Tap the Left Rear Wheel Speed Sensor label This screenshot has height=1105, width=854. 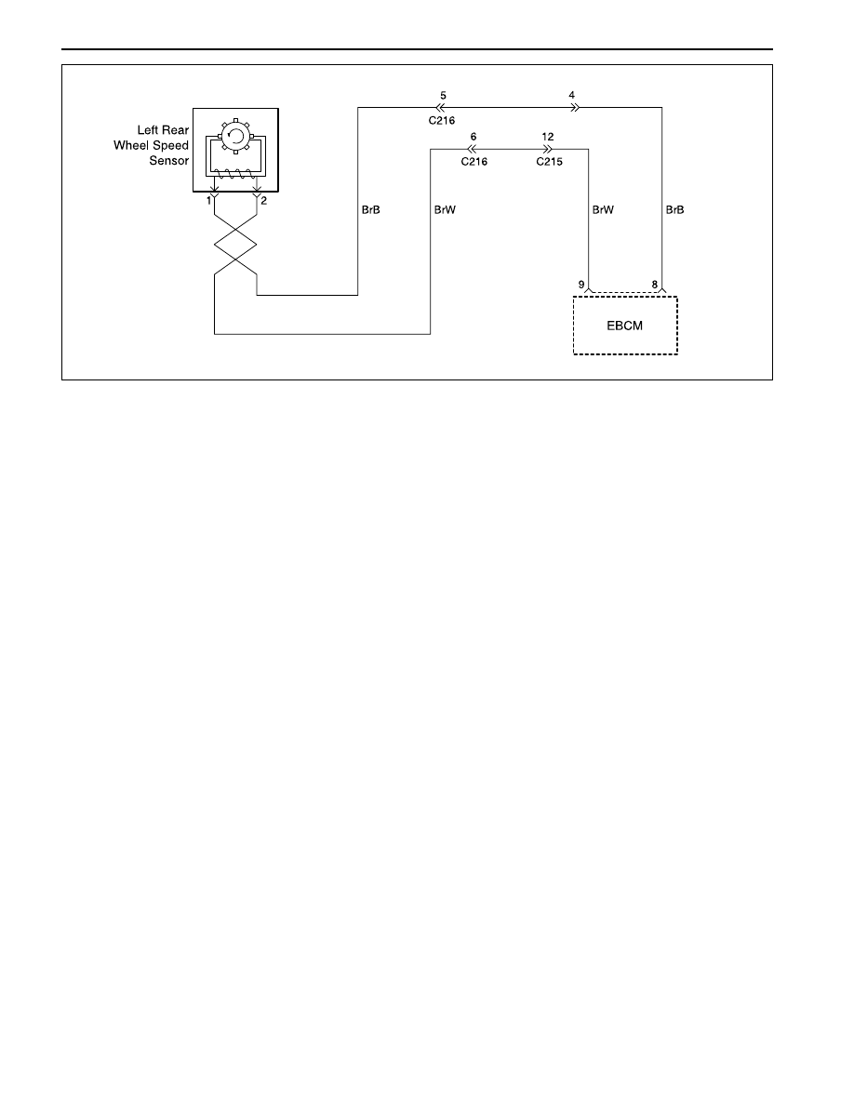[x=152, y=145]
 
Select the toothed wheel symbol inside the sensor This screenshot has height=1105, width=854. [x=236, y=135]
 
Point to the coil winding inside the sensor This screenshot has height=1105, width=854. [x=236, y=173]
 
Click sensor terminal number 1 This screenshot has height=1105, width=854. [x=208, y=201]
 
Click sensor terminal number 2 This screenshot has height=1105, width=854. [x=264, y=201]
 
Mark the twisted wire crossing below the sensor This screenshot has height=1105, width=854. [x=235, y=245]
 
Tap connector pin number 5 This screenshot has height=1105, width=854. [x=443, y=95]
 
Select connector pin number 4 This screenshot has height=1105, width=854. [x=571, y=95]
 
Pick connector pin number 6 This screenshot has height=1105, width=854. [x=474, y=137]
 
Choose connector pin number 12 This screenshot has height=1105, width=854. [x=548, y=137]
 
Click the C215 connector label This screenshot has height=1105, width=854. [x=549, y=162]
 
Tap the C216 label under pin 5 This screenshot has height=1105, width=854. [x=442, y=121]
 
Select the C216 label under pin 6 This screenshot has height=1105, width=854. [x=474, y=162]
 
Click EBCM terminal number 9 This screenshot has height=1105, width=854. [x=581, y=285]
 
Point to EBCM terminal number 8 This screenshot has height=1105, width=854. [x=655, y=285]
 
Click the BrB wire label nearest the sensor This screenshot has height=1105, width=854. [x=370, y=210]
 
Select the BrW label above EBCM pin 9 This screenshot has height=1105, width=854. [x=603, y=210]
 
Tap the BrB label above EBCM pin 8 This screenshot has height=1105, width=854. [x=675, y=210]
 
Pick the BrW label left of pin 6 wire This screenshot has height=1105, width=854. [x=445, y=210]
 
